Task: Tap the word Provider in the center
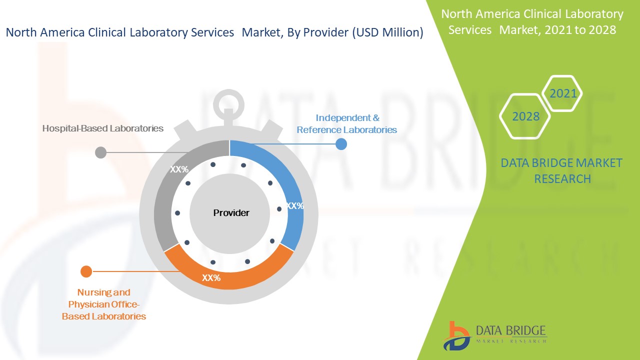231,213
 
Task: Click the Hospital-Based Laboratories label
103,128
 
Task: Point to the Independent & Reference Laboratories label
347,123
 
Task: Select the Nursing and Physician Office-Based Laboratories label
103,304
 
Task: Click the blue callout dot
341,144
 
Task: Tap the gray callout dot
100,152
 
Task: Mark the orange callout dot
86,271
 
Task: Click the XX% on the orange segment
211,277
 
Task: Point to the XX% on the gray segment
179,169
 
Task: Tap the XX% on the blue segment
295,205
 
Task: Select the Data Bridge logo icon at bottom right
456,336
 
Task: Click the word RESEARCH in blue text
562,179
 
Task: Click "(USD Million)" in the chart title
387,32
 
